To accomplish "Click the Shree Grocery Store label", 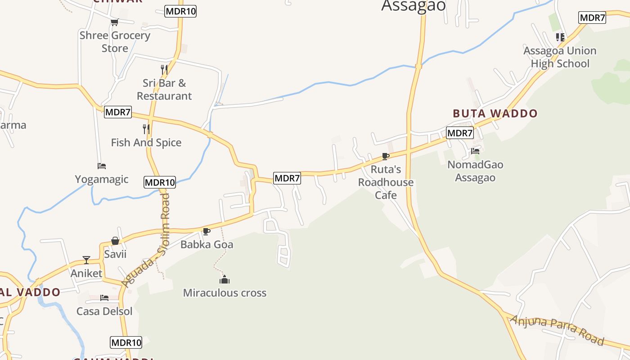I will point(115,41).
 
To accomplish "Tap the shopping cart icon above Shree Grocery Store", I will point(114,22).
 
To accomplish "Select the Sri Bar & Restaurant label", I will point(164,89).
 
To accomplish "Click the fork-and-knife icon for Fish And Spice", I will point(146,129).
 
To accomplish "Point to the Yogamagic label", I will point(102,179).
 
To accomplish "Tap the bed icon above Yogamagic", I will point(102,166).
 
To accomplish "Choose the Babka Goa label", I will point(207,244).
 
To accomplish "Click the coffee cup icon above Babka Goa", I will point(207,231).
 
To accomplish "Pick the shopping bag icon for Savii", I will point(115,241).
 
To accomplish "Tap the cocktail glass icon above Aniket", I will point(86,260).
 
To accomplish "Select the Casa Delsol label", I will point(104,311).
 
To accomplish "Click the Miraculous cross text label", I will point(225,293).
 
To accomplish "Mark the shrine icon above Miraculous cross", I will point(225,280).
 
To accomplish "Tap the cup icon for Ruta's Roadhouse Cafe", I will point(386,156).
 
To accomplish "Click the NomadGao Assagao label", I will point(475,171).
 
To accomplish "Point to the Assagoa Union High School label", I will point(560,57).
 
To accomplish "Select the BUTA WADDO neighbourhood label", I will point(495,113).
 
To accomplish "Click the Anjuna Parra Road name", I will point(557,330).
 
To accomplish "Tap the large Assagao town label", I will point(414,6).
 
